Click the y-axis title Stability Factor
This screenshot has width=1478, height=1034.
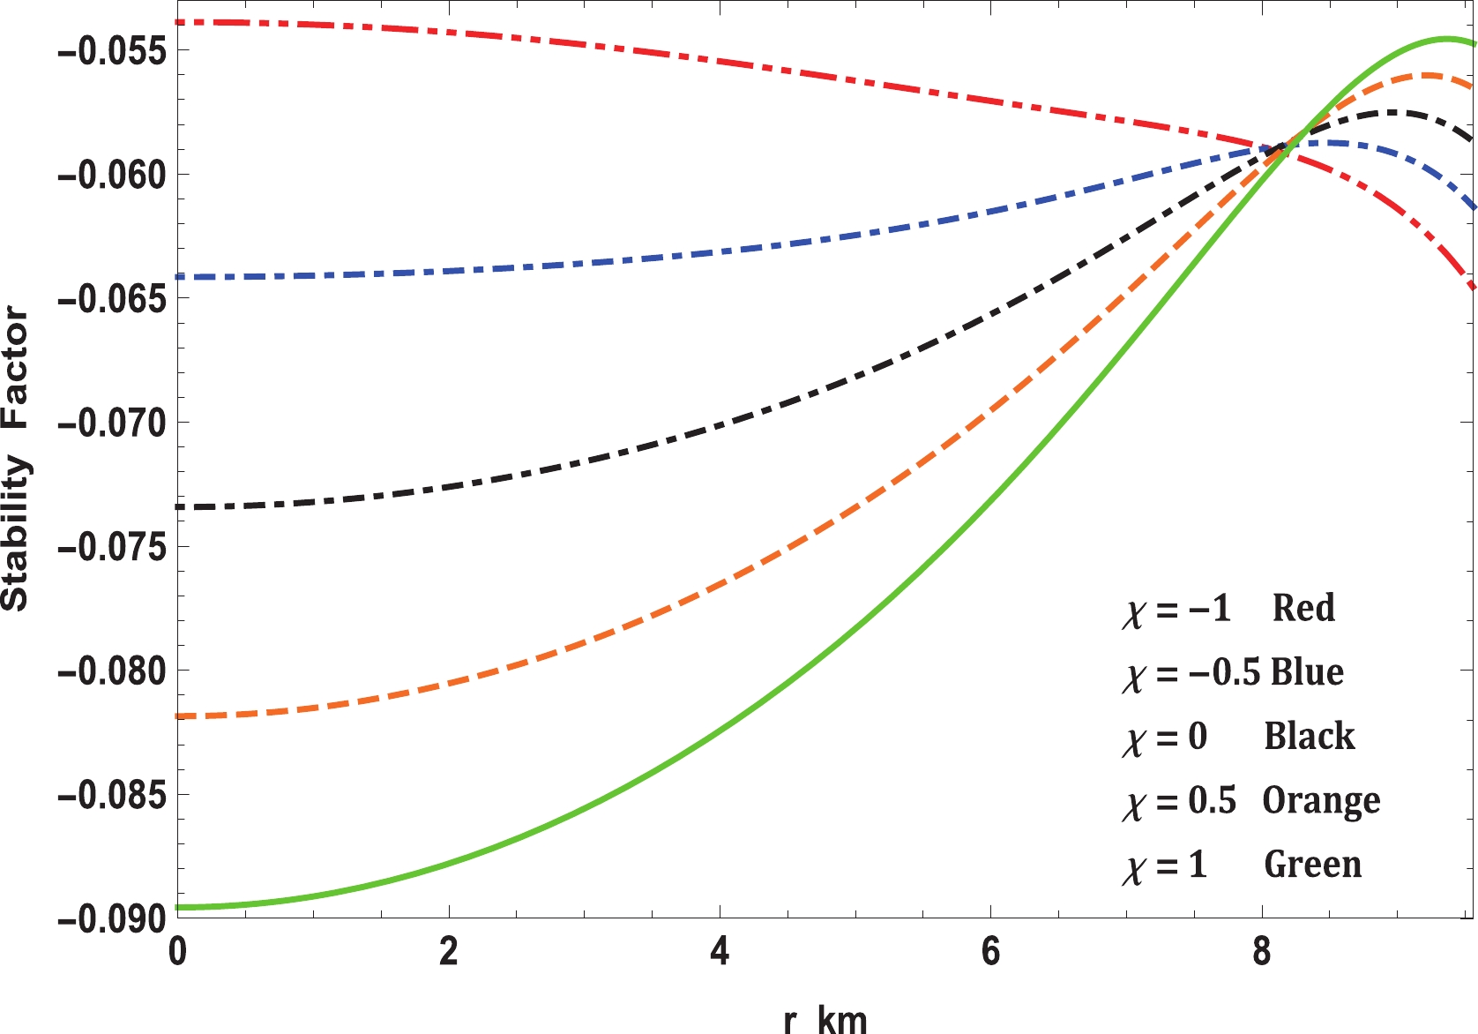(x=16, y=459)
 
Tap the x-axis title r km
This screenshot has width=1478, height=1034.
(x=825, y=1019)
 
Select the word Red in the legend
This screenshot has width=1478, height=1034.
(x=1303, y=608)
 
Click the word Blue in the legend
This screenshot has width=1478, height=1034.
(x=1307, y=672)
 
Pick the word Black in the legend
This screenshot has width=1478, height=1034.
(x=1310, y=736)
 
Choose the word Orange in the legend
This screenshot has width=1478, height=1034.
(x=1321, y=801)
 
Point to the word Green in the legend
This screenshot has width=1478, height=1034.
(x=1313, y=865)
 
